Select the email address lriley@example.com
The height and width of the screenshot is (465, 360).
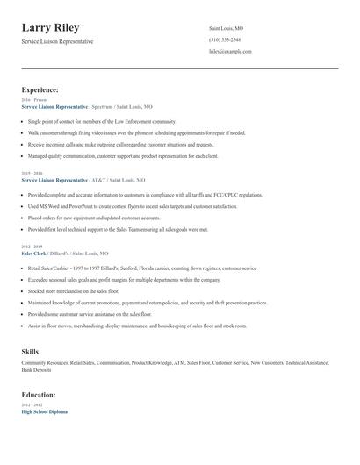(x=230, y=52)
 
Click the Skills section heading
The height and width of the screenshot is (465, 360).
(x=30, y=350)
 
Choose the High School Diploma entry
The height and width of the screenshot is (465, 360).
(x=45, y=411)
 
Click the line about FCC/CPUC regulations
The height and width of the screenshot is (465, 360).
(x=133, y=195)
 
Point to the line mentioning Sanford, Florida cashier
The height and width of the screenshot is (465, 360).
(x=140, y=268)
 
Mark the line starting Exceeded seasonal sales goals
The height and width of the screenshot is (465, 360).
(x=124, y=279)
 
